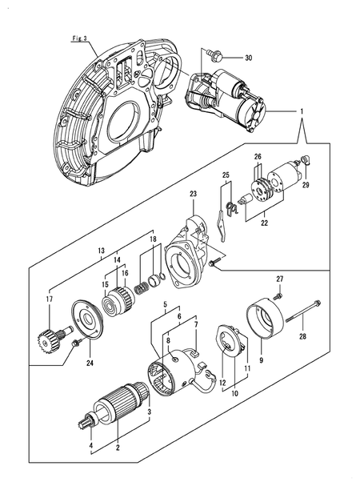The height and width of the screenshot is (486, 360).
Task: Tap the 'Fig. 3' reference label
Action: (78, 38)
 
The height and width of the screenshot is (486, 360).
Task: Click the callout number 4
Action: (90, 444)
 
